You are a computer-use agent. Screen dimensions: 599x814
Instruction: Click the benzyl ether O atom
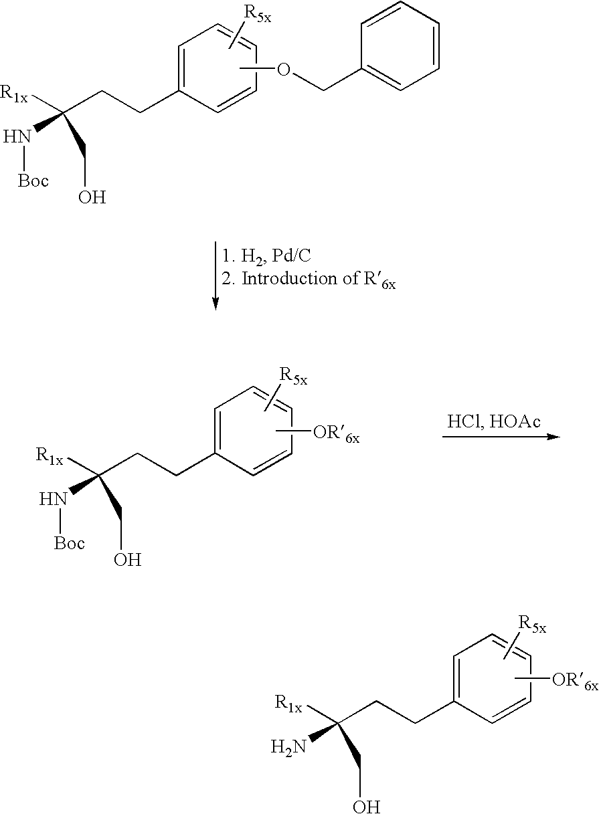tap(284, 70)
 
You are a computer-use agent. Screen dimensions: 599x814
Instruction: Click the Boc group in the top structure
tap(33, 181)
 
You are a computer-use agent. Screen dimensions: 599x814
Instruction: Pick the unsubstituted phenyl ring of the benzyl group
tap(400, 45)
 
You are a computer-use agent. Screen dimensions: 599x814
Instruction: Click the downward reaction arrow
tap(215, 274)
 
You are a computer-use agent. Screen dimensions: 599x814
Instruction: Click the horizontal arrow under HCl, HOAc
tap(500, 437)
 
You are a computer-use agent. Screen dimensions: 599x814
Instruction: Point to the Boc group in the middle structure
tap(70, 542)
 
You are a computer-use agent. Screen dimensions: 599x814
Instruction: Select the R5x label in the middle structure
tap(293, 379)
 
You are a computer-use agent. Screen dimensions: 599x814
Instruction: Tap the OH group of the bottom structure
tap(366, 806)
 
